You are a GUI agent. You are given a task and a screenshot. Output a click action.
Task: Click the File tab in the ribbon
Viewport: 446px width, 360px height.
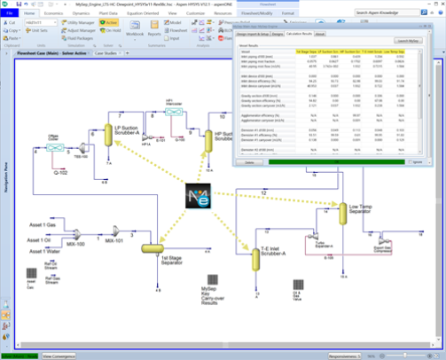point(9,14)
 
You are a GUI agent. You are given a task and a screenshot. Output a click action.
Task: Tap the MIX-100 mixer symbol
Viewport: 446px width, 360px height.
point(76,233)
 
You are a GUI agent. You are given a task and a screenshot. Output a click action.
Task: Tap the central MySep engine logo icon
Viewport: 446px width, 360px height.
point(199,198)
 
